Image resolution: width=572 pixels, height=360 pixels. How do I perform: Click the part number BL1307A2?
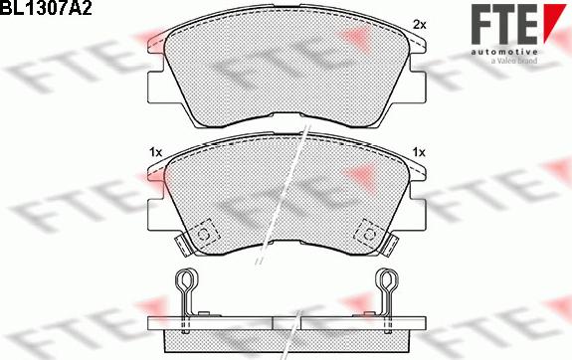coord(45,7)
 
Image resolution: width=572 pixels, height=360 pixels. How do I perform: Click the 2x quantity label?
coord(419,25)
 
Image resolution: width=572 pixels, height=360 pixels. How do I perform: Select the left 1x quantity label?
coord(155,152)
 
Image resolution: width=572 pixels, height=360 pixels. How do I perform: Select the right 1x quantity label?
coord(419,152)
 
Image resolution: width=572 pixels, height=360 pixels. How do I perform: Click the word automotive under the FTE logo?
coord(504,52)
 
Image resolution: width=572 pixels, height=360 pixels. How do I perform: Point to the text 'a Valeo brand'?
coord(514,61)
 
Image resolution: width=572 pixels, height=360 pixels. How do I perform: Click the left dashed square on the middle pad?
coord(203,234)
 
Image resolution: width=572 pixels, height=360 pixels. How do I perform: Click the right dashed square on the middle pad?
coord(369,234)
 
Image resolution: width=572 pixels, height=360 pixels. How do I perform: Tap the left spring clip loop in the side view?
coord(187,280)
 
